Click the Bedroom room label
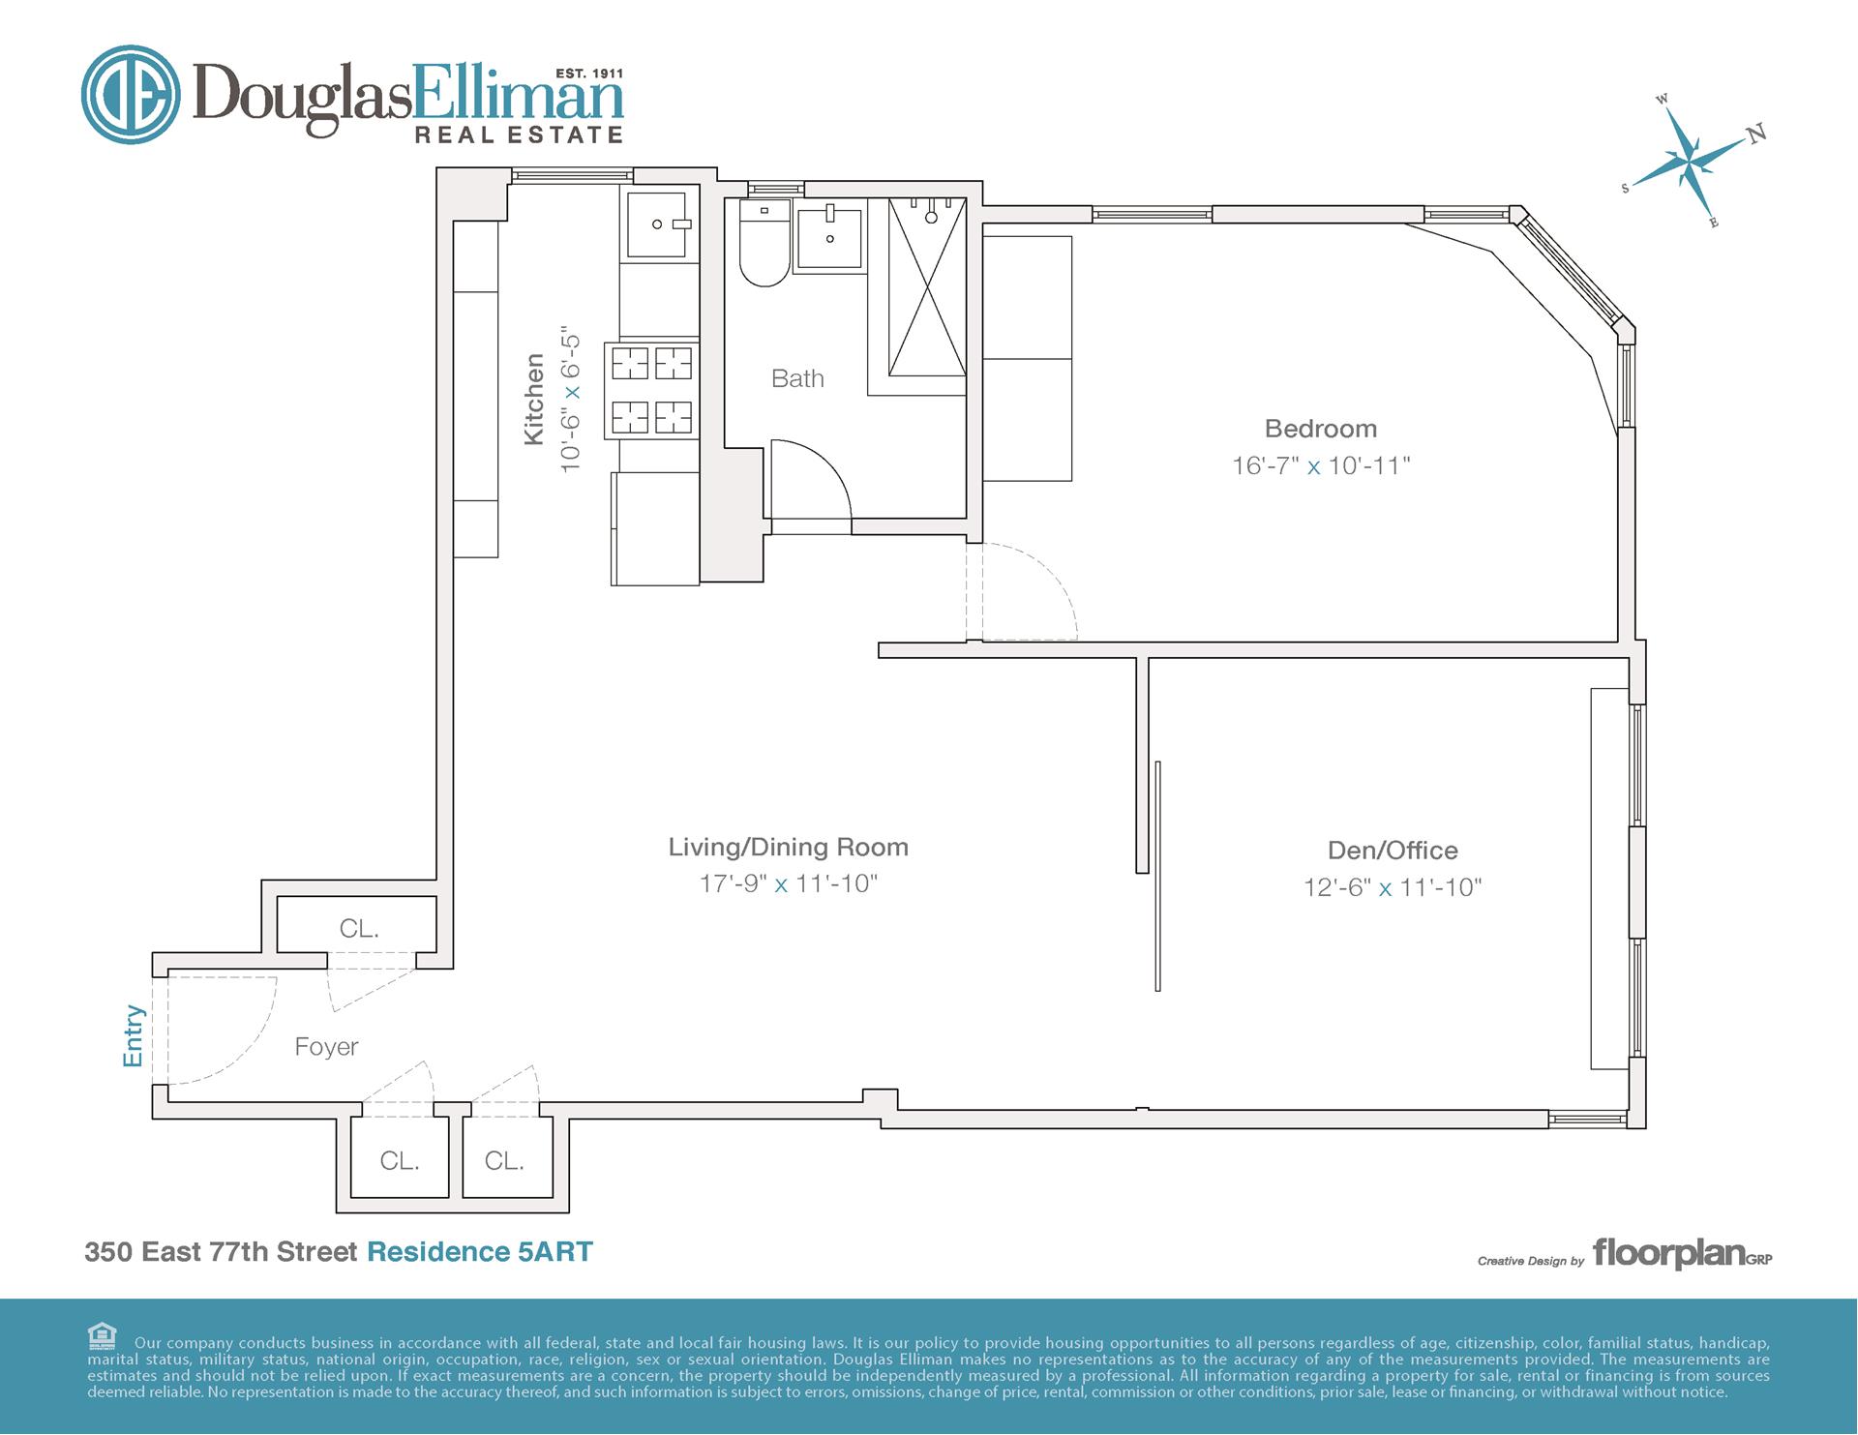point(1320,429)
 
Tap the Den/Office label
point(1393,851)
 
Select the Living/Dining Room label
point(789,848)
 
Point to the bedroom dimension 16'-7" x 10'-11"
point(1321,465)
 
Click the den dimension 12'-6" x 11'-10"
point(1393,887)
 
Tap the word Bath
point(797,378)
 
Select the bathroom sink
point(829,235)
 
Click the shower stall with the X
point(927,286)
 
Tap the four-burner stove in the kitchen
point(652,390)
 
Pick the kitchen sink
point(657,224)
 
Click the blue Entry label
point(134,1036)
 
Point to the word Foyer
point(326,1047)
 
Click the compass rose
point(1694,160)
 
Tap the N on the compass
point(1757,134)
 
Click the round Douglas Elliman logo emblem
point(131,95)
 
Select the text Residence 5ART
point(480,1251)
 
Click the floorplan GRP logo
point(1682,1254)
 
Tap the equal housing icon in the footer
point(102,1336)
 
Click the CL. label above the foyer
point(359,929)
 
